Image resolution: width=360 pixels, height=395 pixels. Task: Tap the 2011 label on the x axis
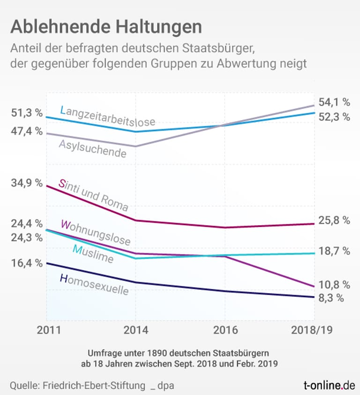(x=49, y=330)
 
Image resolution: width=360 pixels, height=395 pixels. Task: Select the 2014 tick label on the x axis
(x=136, y=330)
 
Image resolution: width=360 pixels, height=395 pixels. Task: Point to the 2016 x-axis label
(x=225, y=330)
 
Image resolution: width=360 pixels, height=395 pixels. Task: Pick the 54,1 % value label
(x=334, y=102)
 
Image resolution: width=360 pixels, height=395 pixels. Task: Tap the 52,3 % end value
(x=334, y=117)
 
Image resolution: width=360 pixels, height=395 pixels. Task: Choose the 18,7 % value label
(x=334, y=251)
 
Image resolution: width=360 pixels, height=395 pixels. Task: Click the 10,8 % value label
(x=334, y=284)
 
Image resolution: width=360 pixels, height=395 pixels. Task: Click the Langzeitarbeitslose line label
(x=107, y=116)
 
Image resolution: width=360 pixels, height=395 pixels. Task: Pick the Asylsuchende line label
(x=92, y=149)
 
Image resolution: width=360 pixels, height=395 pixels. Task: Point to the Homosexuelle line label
(x=94, y=285)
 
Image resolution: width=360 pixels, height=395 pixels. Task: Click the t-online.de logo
(x=329, y=386)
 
